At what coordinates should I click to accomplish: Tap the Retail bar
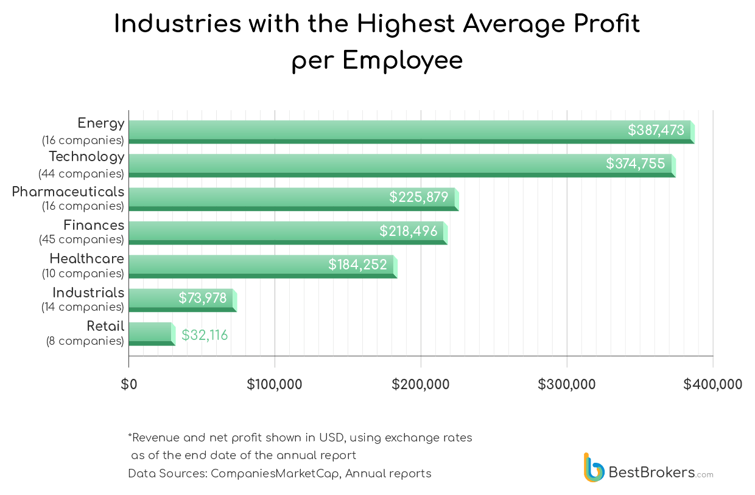pos(151,334)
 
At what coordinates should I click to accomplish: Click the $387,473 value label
pos(656,130)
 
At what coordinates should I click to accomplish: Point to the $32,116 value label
pos(205,335)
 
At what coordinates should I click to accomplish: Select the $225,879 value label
pos(419,197)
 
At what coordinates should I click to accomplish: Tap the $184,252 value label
pos(357,265)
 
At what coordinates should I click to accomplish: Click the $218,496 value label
pos(409,231)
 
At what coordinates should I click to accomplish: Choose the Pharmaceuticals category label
pos(68,192)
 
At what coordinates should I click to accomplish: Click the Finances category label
pos(94,225)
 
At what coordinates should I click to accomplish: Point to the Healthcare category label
pos(86,258)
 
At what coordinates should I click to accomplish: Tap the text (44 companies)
pos(81,174)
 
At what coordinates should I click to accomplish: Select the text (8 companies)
pos(85,341)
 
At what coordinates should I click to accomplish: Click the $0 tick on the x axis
pos(128,384)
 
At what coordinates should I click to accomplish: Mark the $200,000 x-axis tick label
pos(421,384)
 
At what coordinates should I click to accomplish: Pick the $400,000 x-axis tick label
pos(712,384)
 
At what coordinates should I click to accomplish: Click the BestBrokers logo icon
pos(594,468)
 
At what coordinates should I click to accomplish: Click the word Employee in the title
pos(402,61)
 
